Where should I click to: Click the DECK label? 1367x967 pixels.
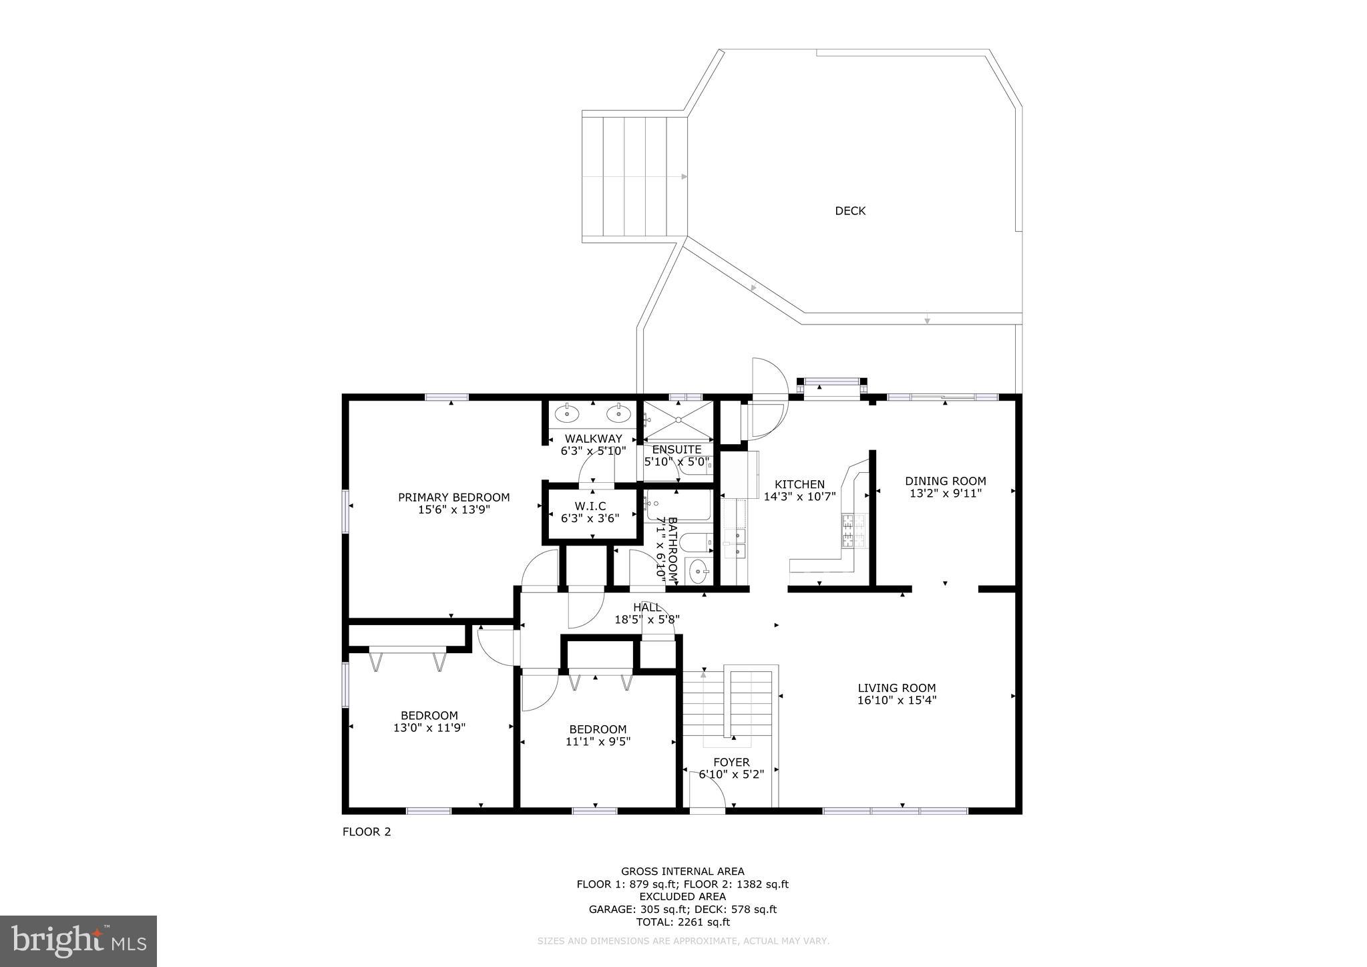coord(849,211)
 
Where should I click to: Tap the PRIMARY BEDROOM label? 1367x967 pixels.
coord(453,498)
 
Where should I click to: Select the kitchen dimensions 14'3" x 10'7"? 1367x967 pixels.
coord(799,497)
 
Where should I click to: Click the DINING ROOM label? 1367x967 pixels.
coord(945,481)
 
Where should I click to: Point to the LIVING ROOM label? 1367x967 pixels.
coord(896,688)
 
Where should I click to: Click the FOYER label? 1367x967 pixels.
coord(731,762)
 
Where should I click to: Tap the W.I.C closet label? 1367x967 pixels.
coord(590,506)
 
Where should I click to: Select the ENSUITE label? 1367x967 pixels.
coord(676,449)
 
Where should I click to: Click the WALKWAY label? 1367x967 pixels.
coord(593,439)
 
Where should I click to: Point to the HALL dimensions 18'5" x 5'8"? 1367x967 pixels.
coord(646,620)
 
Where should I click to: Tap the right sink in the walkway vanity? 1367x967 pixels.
coord(618,414)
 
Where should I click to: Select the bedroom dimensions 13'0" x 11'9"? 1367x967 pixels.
coord(429,728)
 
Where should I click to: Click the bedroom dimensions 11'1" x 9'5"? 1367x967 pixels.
coord(598,741)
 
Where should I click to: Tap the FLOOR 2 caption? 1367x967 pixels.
coord(366,832)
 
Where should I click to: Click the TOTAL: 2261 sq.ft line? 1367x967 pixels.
coord(682,922)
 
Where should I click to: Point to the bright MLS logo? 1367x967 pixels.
coord(78,941)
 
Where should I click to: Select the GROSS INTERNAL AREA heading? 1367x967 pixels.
coord(682,872)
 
